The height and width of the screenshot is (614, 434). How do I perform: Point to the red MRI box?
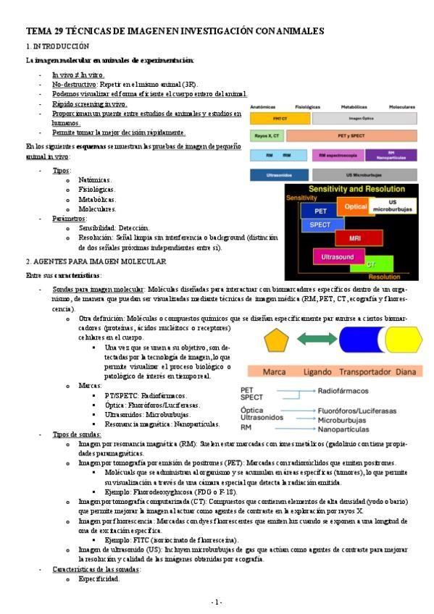(355, 238)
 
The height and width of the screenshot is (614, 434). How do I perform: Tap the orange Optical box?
(356, 206)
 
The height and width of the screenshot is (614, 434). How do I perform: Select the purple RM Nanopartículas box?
(391, 154)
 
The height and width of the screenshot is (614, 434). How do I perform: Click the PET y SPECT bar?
(364, 135)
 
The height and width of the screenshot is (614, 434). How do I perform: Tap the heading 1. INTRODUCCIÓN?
(57, 46)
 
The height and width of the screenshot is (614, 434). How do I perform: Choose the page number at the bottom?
(217, 602)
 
